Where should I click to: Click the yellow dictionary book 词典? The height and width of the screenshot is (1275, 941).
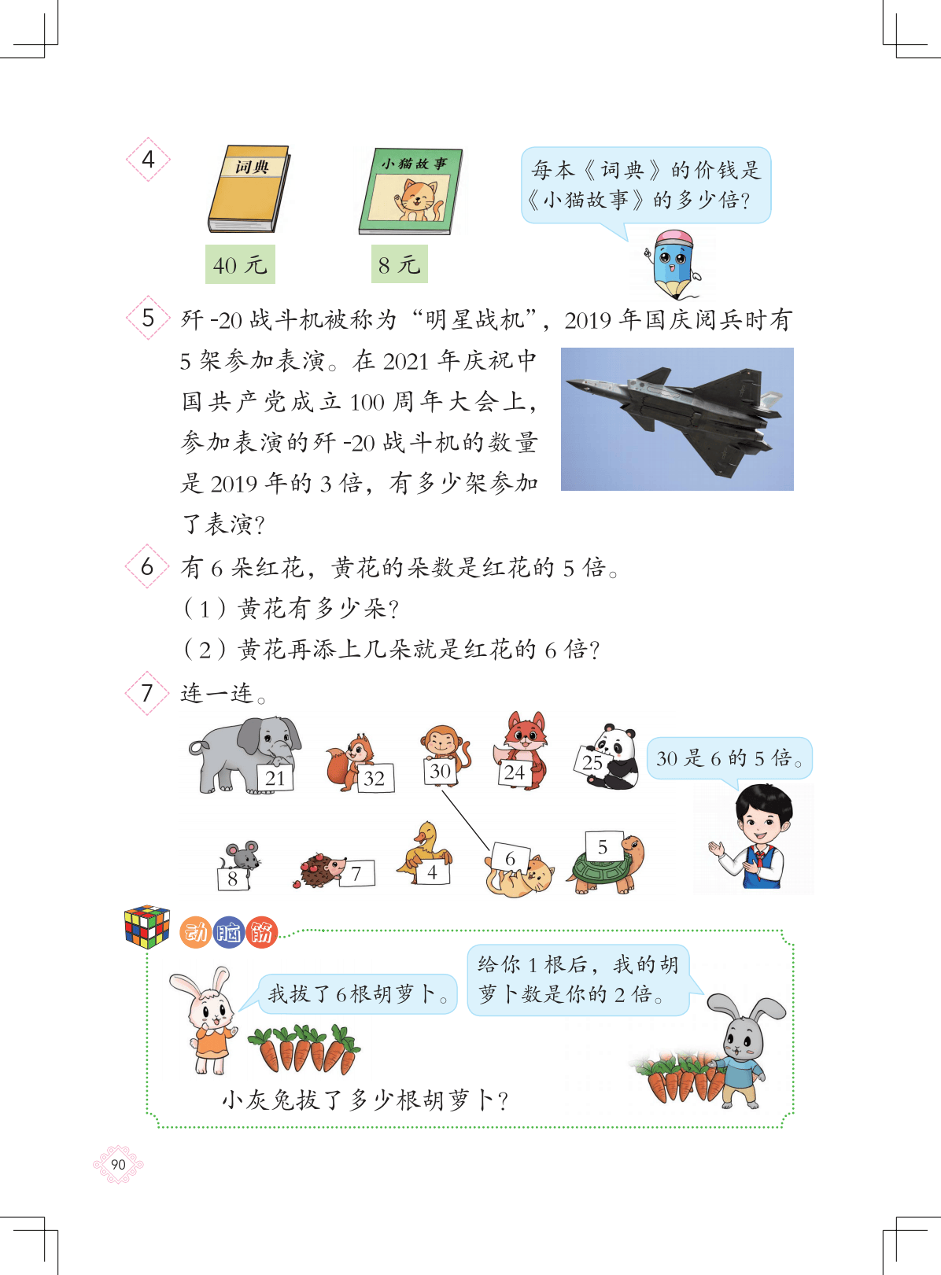(x=249, y=189)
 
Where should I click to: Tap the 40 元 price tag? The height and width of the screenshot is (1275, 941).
(x=240, y=264)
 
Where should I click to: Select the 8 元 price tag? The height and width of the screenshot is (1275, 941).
(x=399, y=263)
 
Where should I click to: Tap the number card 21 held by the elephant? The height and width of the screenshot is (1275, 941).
(x=275, y=778)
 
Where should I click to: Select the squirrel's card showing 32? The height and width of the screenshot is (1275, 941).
(x=375, y=778)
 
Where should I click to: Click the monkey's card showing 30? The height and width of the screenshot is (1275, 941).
(x=440, y=771)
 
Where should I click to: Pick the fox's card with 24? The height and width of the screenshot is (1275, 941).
(x=515, y=772)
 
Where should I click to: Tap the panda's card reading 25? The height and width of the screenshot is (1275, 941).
(x=592, y=763)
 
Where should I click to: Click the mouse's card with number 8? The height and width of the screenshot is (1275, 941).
(x=232, y=878)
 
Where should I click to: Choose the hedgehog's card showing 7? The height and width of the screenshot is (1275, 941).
(x=357, y=873)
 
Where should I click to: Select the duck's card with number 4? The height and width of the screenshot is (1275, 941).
(x=433, y=872)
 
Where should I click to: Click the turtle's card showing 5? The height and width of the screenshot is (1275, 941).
(x=603, y=847)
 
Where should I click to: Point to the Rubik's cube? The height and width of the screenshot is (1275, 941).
(x=147, y=926)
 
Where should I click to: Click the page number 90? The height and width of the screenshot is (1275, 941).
(x=118, y=1164)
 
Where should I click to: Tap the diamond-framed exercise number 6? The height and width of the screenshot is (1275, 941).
(x=147, y=566)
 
